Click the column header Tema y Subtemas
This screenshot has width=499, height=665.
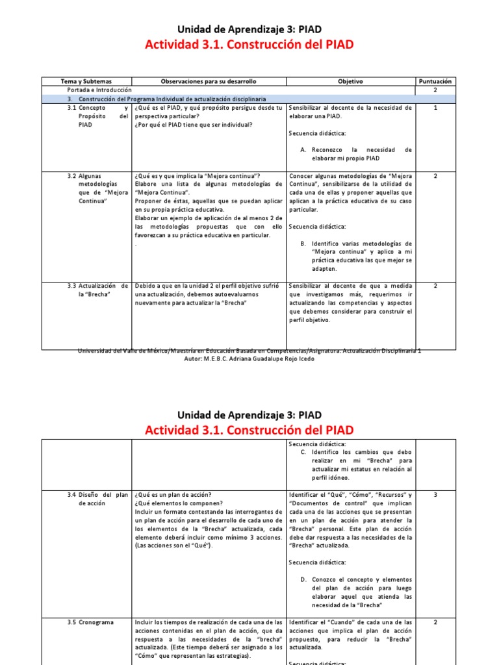[x=86, y=81]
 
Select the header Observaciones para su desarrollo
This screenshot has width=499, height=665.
[x=209, y=81]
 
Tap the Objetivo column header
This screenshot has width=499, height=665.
[x=350, y=81]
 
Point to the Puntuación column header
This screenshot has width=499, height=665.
[x=435, y=81]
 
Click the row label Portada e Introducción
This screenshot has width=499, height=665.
[x=99, y=90]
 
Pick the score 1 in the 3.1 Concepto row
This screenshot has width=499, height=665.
[x=435, y=108]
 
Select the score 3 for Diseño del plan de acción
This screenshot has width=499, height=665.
[x=435, y=495]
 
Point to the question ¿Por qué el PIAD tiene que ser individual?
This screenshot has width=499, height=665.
[x=194, y=125]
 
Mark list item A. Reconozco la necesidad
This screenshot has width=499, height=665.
[x=357, y=154]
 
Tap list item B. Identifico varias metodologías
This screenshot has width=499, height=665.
[x=357, y=256]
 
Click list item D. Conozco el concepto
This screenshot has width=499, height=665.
[x=357, y=592]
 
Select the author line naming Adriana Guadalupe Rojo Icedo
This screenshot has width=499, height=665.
[x=249, y=359]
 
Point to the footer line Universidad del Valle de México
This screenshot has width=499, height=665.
[x=249, y=351]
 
